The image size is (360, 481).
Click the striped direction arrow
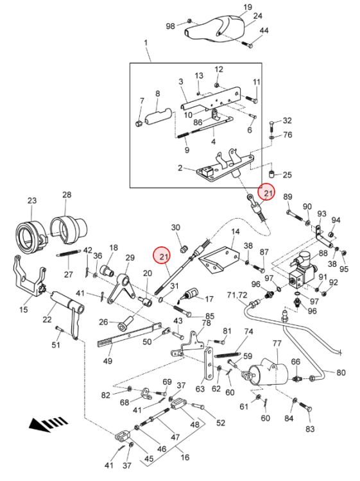tap(47, 424)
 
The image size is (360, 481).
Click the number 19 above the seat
tap(248, 7)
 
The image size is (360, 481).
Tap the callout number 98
tap(170, 26)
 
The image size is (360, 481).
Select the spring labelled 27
tap(68, 253)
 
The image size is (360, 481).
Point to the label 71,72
tap(237, 295)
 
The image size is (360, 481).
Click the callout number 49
tap(107, 360)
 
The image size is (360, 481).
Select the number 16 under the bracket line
tap(185, 457)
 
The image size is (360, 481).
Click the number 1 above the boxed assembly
tap(146, 42)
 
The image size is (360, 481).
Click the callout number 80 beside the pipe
tap(341, 373)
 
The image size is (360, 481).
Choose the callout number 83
tap(310, 428)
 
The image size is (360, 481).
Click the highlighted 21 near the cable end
tap(268, 193)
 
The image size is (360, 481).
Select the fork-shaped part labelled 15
tap(29, 276)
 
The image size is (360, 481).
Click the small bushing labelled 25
tap(272, 174)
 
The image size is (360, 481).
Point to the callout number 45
tap(149, 459)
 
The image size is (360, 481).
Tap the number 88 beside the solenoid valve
tap(323, 253)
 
